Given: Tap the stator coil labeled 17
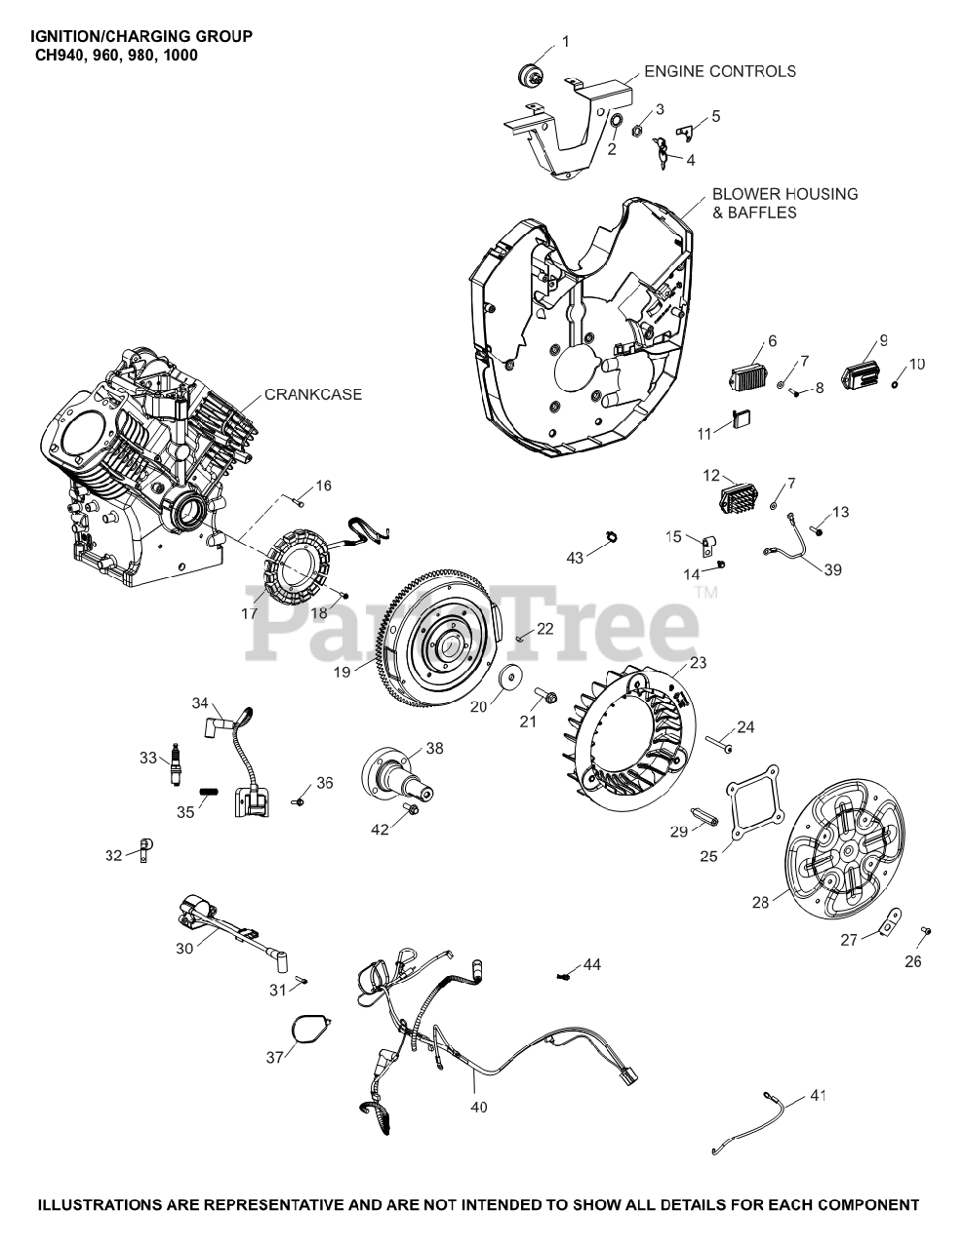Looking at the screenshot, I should tap(295, 565).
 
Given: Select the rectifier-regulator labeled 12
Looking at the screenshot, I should tap(739, 497).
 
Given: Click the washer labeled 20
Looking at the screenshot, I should tap(509, 678).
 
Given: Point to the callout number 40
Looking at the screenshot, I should tap(478, 1107).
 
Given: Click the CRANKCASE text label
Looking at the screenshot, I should tap(313, 395).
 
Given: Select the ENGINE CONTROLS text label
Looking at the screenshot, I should tap(719, 71).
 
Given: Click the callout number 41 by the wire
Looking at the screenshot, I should tap(817, 1096).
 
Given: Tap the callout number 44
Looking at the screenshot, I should tap(592, 964).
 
